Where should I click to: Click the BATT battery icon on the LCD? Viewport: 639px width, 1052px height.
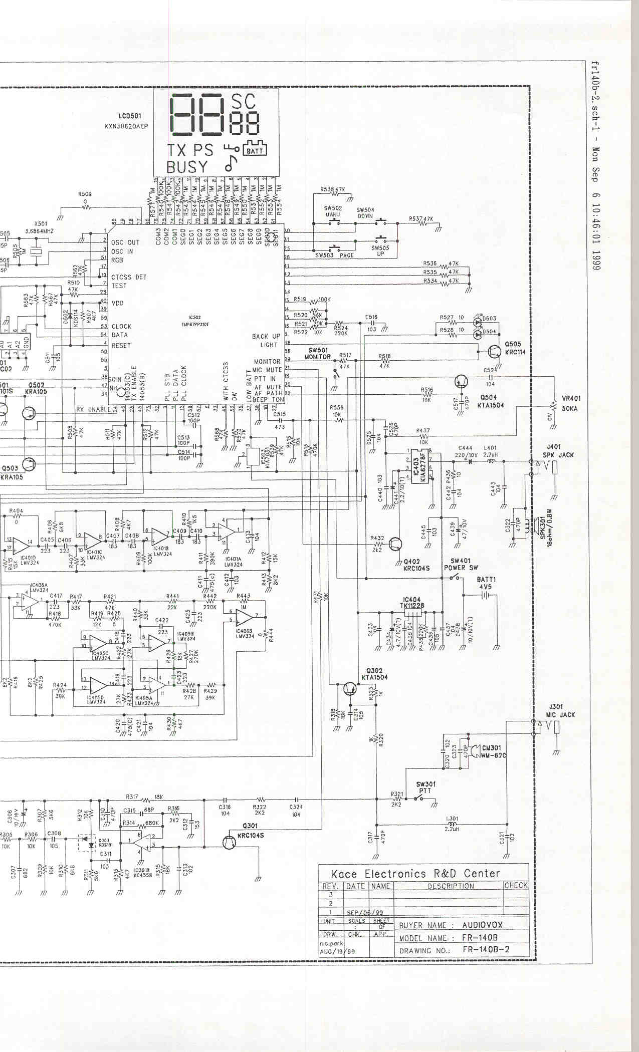point(255,149)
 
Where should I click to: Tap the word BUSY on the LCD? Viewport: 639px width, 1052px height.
point(187,167)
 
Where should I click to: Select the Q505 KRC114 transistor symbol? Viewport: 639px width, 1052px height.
point(494,351)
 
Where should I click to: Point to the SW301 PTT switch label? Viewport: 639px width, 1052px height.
point(425,787)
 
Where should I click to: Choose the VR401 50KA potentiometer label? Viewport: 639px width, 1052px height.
point(571,403)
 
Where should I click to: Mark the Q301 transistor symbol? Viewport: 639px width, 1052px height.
point(230,842)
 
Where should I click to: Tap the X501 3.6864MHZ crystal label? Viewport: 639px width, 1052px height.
point(40,227)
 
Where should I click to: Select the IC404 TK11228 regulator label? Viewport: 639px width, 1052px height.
point(412,603)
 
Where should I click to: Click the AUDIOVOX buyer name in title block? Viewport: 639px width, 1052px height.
point(482,925)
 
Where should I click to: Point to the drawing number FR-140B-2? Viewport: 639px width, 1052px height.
point(486,949)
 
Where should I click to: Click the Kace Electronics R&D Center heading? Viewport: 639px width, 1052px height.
point(415,874)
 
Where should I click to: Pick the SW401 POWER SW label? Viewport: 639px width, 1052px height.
point(461,564)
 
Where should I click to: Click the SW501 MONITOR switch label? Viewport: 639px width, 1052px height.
point(318,353)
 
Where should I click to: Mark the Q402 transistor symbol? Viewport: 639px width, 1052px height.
point(396,544)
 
